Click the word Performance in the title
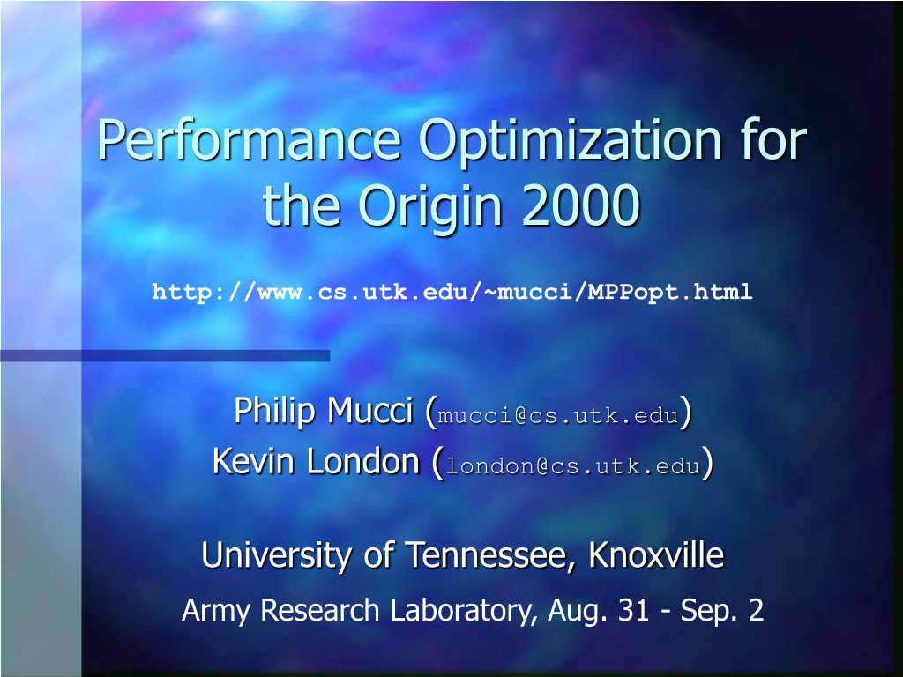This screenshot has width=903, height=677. click(x=249, y=140)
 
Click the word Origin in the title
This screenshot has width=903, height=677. click(x=430, y=207)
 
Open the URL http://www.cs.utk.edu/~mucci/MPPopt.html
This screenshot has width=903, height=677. click(x=452, y=292)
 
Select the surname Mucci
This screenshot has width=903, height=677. click(x=369, y=411)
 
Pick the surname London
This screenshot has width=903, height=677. click(x=362, y=462)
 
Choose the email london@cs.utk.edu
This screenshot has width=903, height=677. click(x=573, y=465)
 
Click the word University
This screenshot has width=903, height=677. click(x=277, y=555)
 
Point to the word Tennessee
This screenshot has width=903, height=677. click(x=491, y=555)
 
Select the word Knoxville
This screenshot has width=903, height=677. click(x=656, y=554)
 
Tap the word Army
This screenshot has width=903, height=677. click(x=215, y=611)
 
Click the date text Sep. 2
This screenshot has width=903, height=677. click(x=722, y=611)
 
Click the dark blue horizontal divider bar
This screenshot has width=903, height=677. click(x=165, y=356)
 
